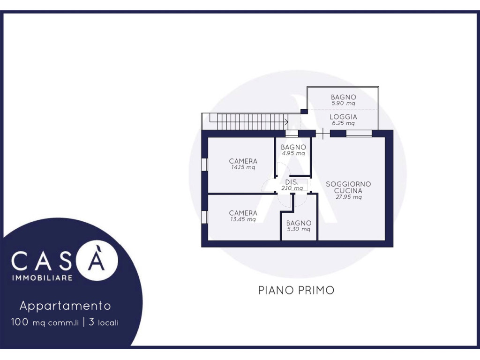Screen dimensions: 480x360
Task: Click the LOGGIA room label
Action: (x=343, y=117)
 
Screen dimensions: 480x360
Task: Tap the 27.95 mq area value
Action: (x=348, y=197)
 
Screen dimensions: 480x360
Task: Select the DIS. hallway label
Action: (x=292, y=182)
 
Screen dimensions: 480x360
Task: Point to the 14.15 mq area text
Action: (x=243, y=167)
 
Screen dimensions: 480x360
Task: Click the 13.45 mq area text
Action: (x=243, y=219)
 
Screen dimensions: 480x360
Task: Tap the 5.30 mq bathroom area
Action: (x=299, y=229)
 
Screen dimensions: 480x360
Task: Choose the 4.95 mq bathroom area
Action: (x=293, y=153)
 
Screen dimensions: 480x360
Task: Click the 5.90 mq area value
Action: (x=343, y=103)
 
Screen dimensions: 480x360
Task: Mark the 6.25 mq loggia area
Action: (x=343, y=123)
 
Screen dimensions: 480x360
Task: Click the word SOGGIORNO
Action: (x=348, y=184)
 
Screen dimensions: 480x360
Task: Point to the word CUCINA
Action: (x=348, y=190)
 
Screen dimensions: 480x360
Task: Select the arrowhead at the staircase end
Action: (x=286, y=122)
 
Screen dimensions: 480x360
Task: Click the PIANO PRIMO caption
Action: (x=296, y=290)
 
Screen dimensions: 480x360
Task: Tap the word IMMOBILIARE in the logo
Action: (x=42, y=278)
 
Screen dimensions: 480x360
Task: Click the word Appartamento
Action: (x=65, y=306)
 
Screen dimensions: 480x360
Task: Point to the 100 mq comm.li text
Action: (x=45, y=322)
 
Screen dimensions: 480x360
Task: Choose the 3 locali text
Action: (x=104, y=322)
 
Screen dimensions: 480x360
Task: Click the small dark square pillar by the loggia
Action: (x=304, y=112)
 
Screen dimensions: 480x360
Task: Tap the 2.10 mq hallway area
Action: (x=292, y=188)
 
